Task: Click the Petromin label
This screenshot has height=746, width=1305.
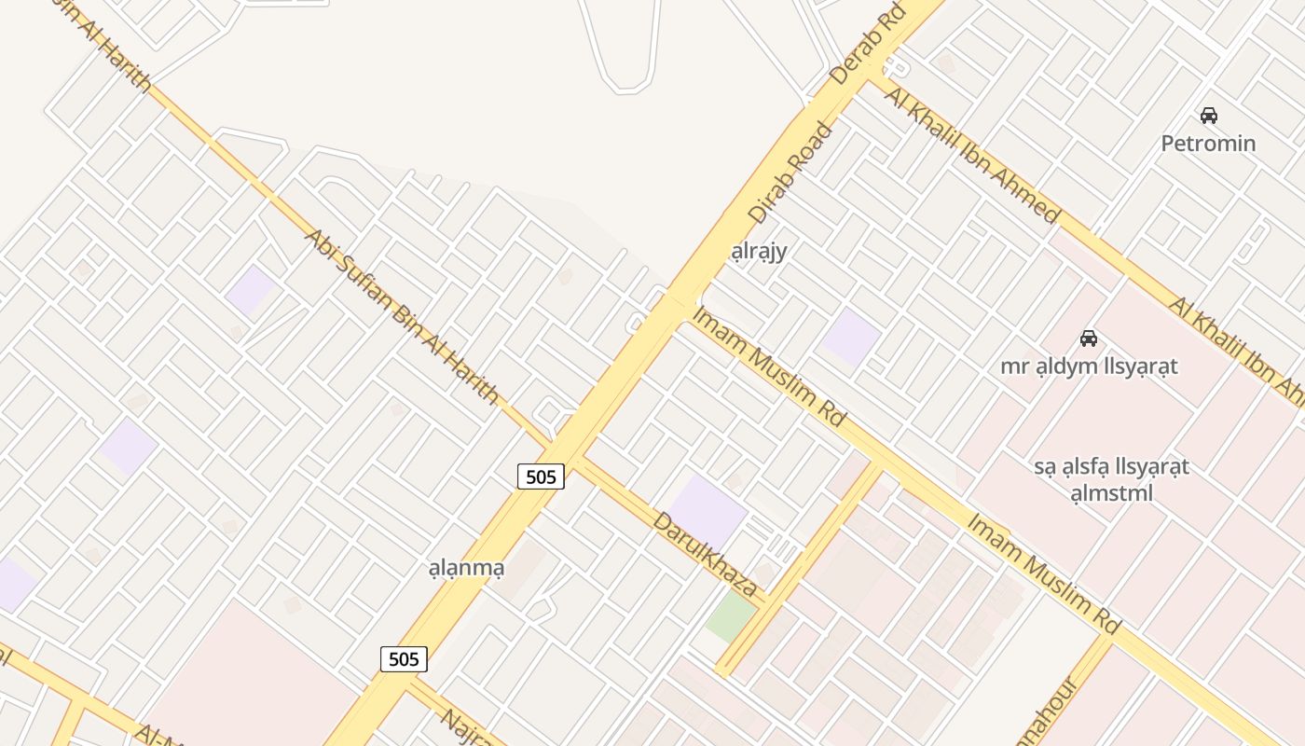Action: tap(1208, 144)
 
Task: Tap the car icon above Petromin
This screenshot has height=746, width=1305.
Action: tap(1209, 116)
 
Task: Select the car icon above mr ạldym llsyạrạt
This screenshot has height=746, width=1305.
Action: tap(1088, 338)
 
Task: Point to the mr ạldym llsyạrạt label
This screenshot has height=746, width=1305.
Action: tap(1089, 366)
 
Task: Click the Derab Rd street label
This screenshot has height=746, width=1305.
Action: tap(868, 44)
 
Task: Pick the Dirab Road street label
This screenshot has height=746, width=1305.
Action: tap(789, 174)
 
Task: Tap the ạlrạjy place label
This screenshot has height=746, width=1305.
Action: tap(759, 251)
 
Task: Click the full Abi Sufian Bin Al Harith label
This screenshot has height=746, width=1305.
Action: tap(401, 315)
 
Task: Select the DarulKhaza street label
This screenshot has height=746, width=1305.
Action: tap(705, 555)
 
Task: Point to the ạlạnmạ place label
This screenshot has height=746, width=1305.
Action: tap(465, 567)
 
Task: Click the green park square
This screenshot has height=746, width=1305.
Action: tap(731, 617)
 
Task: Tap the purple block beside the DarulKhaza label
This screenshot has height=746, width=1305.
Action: tap(707, 510)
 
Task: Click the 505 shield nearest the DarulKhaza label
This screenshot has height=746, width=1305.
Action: tap(541, 477)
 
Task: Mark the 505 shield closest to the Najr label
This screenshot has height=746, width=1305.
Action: tap(404, 659)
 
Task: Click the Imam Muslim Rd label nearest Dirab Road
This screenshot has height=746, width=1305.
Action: tap(768, 366)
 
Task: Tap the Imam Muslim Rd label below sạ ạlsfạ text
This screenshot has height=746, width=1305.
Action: tap(1043, 573)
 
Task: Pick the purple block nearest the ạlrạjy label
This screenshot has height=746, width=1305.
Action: tap(851, 338)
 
